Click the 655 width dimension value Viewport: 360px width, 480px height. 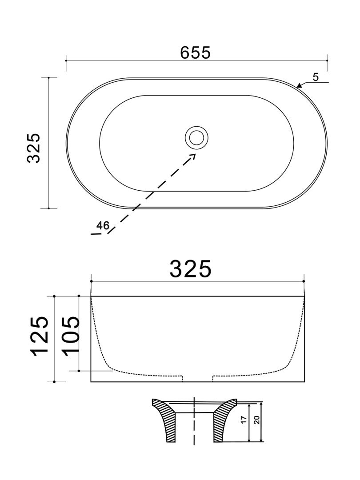(195, 52)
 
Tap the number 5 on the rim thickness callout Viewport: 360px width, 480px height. (316, 76)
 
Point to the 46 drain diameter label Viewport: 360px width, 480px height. (103, 225)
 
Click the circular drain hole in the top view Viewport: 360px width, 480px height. (196, 137)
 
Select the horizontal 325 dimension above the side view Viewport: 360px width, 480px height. (190, 268)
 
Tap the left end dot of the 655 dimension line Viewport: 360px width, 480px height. (66, 60)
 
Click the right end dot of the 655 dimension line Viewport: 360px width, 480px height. (327, 60)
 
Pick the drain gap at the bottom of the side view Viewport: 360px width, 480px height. (198, 379)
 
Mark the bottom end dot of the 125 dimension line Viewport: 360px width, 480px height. (54, 382)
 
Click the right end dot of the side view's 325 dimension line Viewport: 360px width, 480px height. (304, 281)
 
